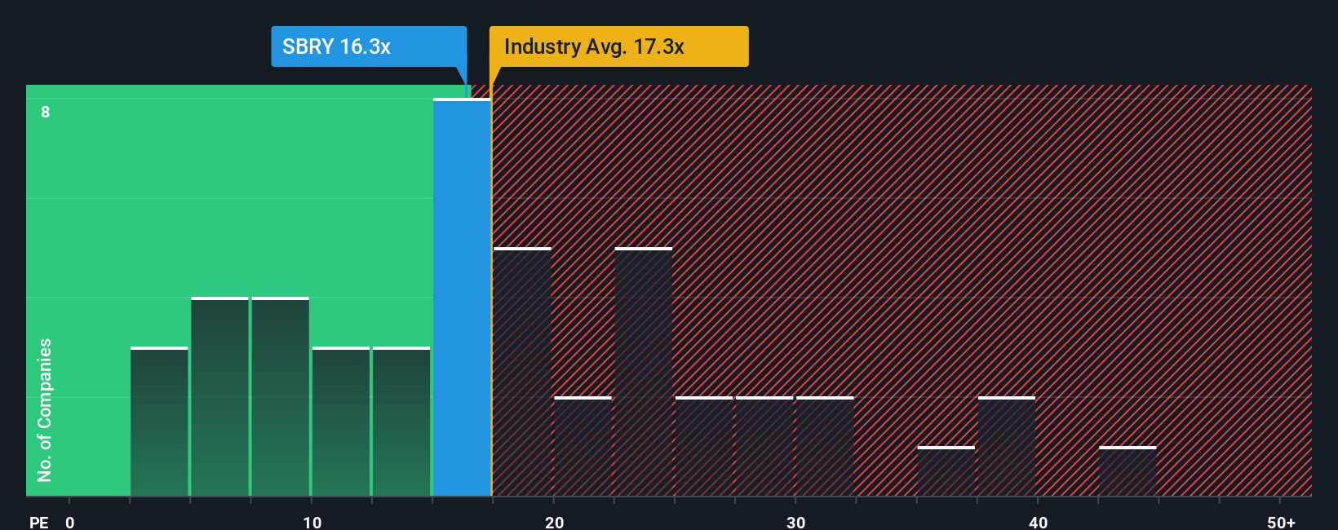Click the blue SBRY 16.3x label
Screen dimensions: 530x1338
tap(368, 46)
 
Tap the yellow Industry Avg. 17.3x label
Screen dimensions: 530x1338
tap(618, 46)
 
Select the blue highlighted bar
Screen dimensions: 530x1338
tap(462, 298)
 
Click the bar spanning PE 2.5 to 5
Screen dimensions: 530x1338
tap(159, 422)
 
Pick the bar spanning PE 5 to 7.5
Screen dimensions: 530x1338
tap(219, 397)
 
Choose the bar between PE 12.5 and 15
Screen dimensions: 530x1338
tap(401, 422)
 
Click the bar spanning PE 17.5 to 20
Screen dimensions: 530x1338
tap(522, 372)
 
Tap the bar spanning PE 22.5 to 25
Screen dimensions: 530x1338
tap(644, 372)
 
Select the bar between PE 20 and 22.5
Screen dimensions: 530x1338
tap(583, 447)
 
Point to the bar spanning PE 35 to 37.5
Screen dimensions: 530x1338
tap(946, 471)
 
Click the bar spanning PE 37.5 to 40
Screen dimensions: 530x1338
tap(1007, 447)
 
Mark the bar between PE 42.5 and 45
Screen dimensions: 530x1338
tap(1128, 471)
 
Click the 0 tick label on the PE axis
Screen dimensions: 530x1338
tap(70, 523)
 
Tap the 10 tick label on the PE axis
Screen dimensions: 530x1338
tap(312, 523)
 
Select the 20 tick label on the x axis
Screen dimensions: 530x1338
tap(554, 523)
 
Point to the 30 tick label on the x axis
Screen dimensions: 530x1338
tap(795, 523)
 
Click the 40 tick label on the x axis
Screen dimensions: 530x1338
tap(1038, 523)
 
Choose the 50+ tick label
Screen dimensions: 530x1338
tap(1281, 523)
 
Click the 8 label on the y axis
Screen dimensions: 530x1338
tap(46, 112)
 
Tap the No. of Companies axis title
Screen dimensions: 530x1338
tap(45, 410)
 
